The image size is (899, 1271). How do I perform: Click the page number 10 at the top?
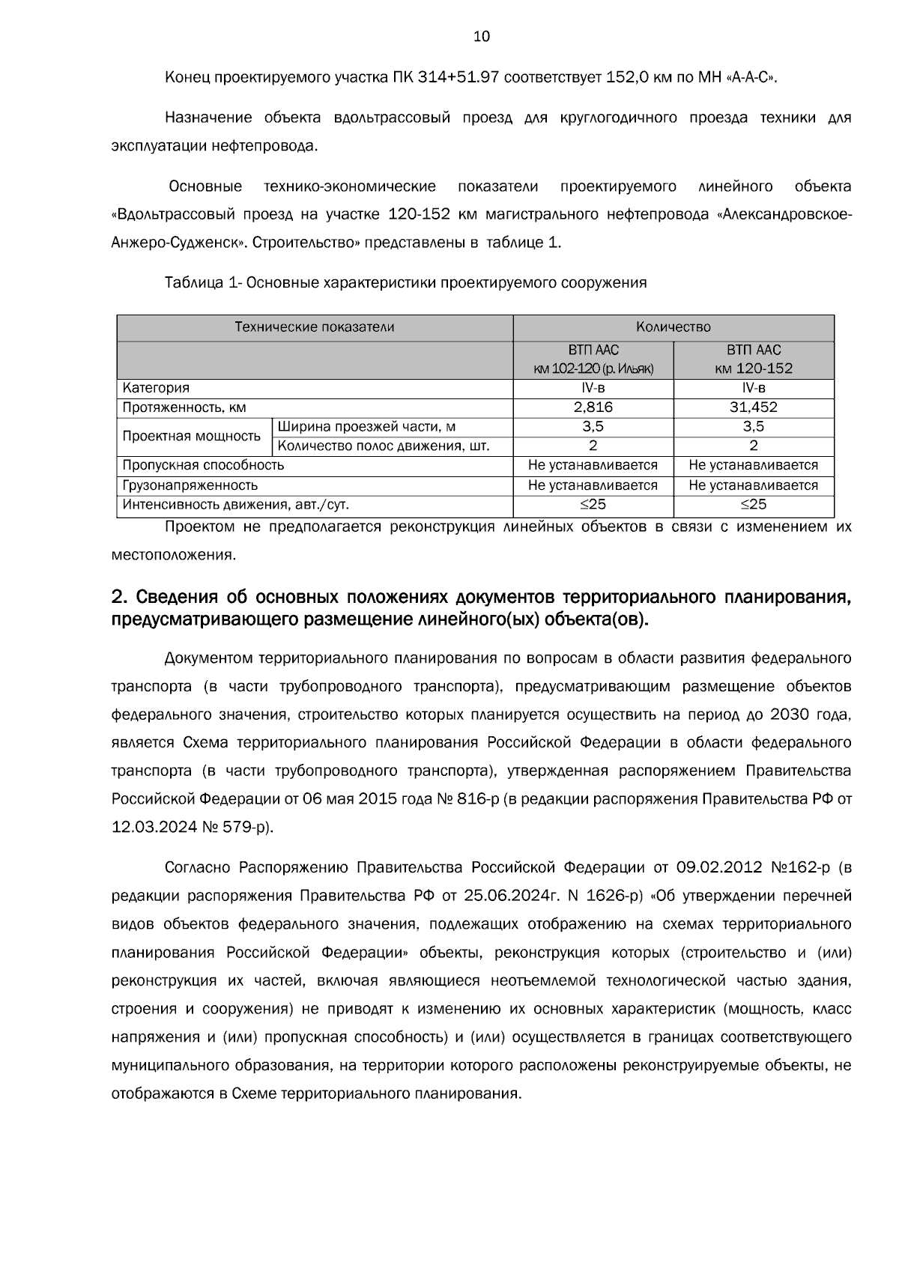pos(482,37)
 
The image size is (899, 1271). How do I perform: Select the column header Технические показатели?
pos(315,327)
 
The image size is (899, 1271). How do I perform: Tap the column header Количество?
pos(673,327)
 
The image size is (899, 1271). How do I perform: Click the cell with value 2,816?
pos(593,407)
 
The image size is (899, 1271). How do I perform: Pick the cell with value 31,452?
pos(753,407)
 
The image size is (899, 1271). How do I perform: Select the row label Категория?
pos(156,388)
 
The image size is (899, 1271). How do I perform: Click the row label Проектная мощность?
pos(191,437)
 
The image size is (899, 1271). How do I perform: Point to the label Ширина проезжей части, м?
pos(366,427)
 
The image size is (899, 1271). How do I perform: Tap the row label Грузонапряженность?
pos(190,485)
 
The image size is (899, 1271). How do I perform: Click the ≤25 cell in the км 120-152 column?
pos(753,505)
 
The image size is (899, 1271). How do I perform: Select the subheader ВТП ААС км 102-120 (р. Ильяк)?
pos(593,360)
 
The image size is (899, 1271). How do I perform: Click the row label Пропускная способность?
pos(203,466)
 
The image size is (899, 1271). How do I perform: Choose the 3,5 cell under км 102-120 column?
pos(593,427)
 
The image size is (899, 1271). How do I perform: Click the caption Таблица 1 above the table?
pos(201,283)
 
